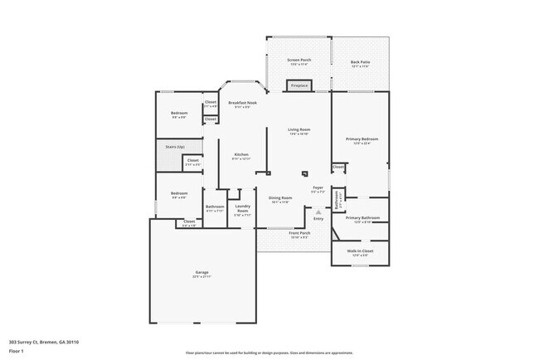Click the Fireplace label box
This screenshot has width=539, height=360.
pos(299,85)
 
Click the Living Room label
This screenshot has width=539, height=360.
pos(299,131)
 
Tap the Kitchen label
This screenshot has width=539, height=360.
pos(241,156)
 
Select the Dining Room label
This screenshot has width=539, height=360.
pos(280,199)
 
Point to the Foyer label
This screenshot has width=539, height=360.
pos(318,189)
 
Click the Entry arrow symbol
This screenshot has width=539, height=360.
pos(318,212)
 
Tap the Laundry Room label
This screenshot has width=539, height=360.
pos(243,209)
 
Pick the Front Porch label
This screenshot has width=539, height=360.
pos(299,235)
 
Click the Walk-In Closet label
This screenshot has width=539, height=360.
pos(361,251)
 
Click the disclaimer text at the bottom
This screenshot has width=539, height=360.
pos(269,353)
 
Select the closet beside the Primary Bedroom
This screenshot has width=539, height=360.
pos(338,167)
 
